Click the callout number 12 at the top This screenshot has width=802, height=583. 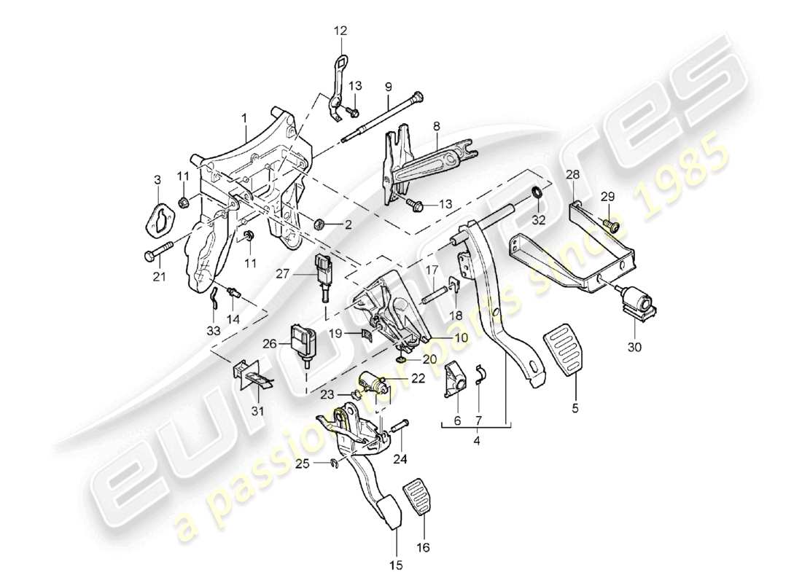(x=341, y=31)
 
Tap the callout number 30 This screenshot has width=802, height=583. (x=634, y=348)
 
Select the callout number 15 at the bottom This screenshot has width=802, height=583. (x=395, y=563)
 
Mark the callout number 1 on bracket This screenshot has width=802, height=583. (x=246, y=117)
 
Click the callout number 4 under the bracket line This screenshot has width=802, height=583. (x=477, y=440)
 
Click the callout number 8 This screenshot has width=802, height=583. (x=435, y=125)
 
